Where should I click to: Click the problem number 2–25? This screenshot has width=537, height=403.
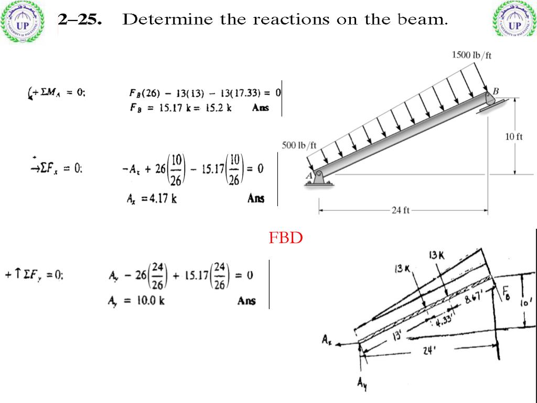point(80,20)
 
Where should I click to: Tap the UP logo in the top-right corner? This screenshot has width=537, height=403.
point(514,22)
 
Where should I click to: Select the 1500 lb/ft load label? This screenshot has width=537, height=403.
point(471,55)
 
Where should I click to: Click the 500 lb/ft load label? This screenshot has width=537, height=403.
point(299,145)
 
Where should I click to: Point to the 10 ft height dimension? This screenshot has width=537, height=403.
point(514,137)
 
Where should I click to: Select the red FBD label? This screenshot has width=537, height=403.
point(286,238)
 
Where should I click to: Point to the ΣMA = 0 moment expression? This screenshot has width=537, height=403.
point(58,93)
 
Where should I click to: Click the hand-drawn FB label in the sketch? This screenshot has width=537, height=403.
point(507,291)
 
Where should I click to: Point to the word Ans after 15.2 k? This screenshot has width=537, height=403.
point(260,108)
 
